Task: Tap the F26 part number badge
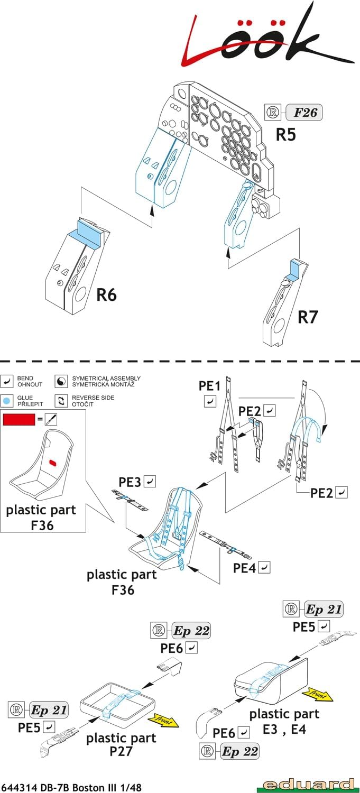(x=303, y=113)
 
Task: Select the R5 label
(x=285, y=134)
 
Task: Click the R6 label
(x=106, y=295)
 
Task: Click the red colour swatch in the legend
(x=18, y=420)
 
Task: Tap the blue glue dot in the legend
(x=7, y=400)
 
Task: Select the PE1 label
(x=209, y=386)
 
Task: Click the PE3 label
(x=130, y=482)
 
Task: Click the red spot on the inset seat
(x=53, y=462)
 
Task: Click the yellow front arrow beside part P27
(x=164, y=720)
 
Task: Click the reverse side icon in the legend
(x=61, y=400)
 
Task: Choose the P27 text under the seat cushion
(x=121, y=752)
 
